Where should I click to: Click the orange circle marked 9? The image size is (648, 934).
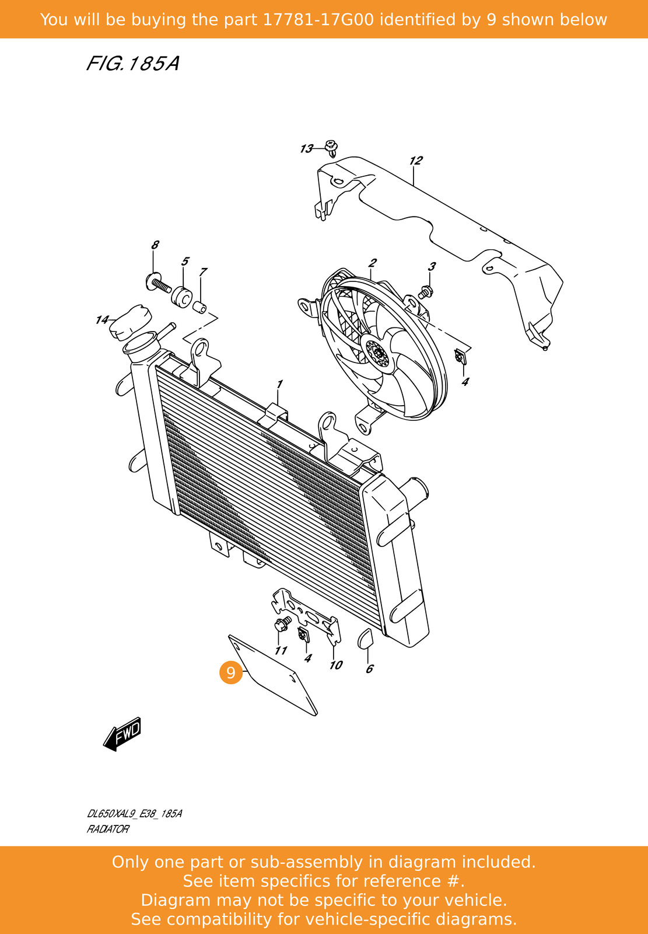click(x=231, y=672)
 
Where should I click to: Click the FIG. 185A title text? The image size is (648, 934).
click(x=132, y=63)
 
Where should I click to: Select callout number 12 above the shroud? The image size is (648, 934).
click(x=415, y=161)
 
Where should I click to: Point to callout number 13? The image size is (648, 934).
click(x=306, y=149)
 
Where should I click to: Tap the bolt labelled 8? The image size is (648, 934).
click(x=157, y=284)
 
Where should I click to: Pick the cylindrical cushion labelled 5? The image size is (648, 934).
click(x=181, y=296)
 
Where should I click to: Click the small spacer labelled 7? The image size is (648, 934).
click(x=200, y=306)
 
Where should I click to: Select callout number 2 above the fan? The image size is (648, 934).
click(x=372, y=263)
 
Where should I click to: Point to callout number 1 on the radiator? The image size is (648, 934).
click(x=279, y=384)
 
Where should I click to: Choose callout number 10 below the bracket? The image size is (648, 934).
click(x=335, y=665)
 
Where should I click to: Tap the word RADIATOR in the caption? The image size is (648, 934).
click(x=108, y=829)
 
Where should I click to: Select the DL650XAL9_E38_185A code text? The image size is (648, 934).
click(x=134, y=814)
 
